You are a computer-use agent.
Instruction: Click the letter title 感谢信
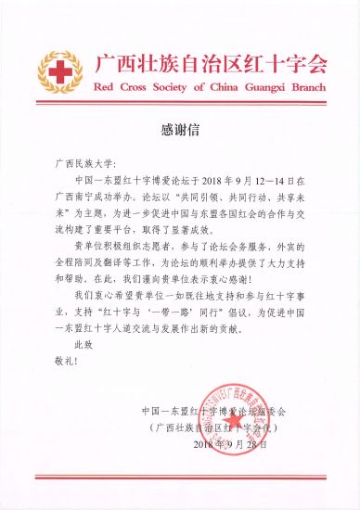[179, 129]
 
